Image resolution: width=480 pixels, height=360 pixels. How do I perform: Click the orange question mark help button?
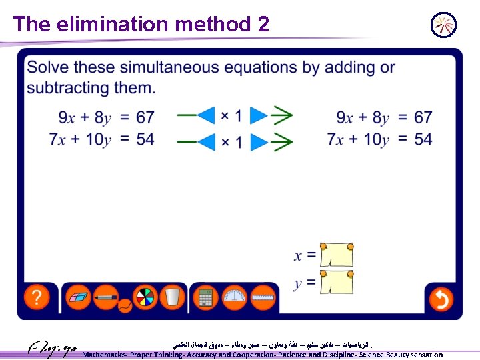pyautogui.click(x=37, y=297)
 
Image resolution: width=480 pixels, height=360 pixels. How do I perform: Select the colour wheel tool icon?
pyautogui.click(x=144, y=297)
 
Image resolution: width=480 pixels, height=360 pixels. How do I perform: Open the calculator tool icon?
pyautogui.click(x=205, y=297)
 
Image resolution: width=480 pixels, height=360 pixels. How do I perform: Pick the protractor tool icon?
pyautogui.click(x=234, y=297)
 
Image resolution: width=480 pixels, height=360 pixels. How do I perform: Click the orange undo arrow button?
pyautogui.click(x=441, y=299)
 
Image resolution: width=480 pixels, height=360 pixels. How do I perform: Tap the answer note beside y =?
pyautogui.click(x=337, y=283)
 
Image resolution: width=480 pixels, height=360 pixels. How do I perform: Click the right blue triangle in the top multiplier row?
pyautogui.click(x=259, y=115)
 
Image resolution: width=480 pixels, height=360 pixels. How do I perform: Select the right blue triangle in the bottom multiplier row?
pyautogui.click(x=259, y=141)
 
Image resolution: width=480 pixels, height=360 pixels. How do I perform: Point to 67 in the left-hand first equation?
pyautogui.click(x=145, y=118)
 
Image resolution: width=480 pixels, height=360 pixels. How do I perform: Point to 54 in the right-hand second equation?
pyautogui.click(x=423, y=139)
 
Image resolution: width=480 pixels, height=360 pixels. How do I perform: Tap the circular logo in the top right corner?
pyautogui.click(x=443, y=25)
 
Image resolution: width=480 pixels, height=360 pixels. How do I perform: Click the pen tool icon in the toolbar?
pyautogui.click(x=107, y=297)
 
